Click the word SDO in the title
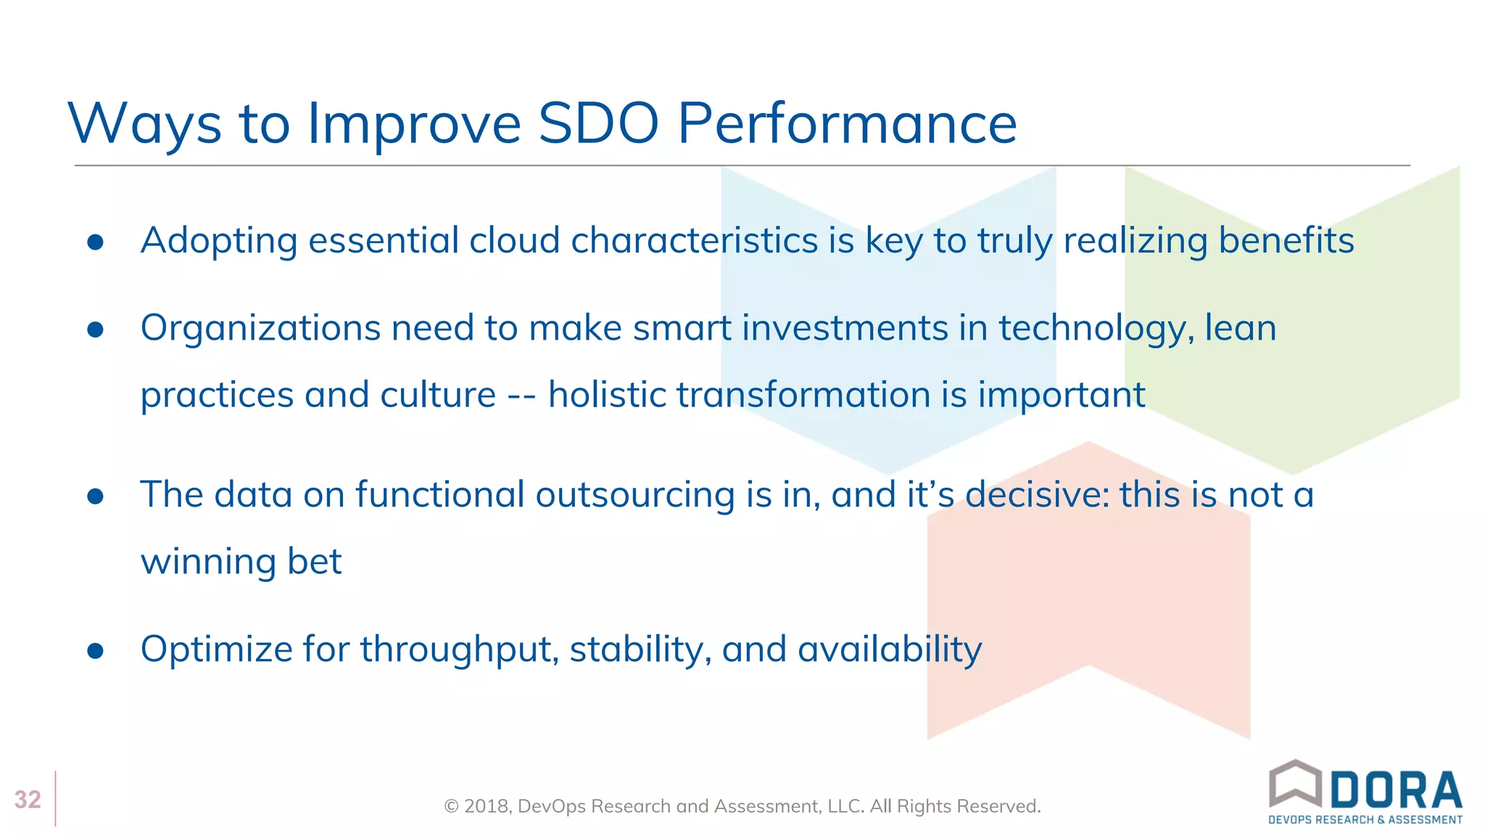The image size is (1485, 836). pyautogui.click(x=598, y=123)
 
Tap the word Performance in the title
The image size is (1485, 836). pyautogui.click(x=847, y=123)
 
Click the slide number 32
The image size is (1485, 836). pyautogui.click(x=28, y=800)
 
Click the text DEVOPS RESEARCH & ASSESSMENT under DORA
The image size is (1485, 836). pyautogui.click(x=1365, y=820)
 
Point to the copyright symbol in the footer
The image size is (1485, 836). pyautogui.click(x=451, y=807)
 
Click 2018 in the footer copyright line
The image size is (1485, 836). pyautogui.click(x=487, y=806)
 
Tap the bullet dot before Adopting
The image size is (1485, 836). pyautogui.click(x=95, y=242)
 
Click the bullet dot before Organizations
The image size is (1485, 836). pyautogui.click(x=95, y=330)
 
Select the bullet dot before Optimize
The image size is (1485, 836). pyautogui.click(x=95, y=651)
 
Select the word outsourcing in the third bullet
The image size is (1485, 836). pyautogui.click(x=635, y=496)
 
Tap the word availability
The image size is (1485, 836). pyautogui.click(x=890, y=649)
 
